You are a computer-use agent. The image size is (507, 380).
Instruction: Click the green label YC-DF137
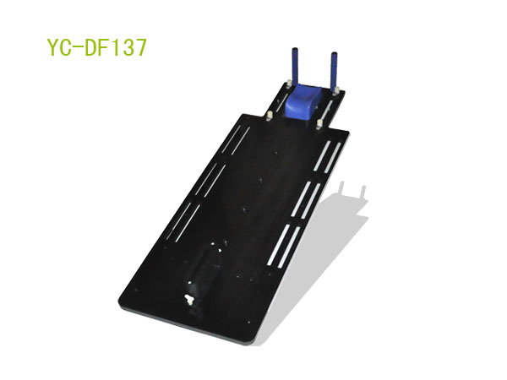click(x=97, y=47)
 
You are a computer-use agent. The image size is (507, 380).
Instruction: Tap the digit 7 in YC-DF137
click(x=140, y=47)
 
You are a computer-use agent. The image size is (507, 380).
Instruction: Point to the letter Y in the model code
click(x=53, y=47)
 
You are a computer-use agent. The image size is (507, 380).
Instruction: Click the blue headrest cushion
click(x=303, y=100)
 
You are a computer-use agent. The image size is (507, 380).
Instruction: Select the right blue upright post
click(x=334, y=70)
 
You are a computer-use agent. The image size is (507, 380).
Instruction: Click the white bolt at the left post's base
click(x=288, y=84)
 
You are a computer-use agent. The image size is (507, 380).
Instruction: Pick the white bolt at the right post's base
click(x=336, y=91)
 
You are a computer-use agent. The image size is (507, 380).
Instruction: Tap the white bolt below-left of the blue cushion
click(x=269, y=116)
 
